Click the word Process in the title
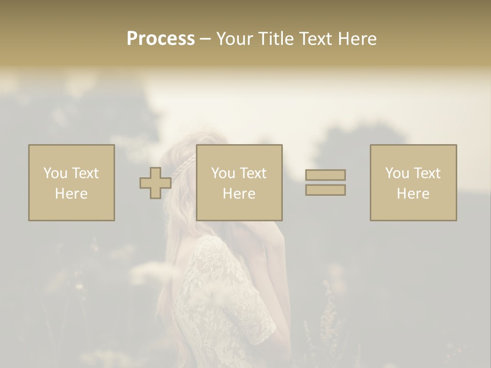(161, 38)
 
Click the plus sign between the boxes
(155, 183)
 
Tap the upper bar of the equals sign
(325, 175)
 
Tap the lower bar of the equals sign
(325, 190)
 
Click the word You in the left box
(55, 173)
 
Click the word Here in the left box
(72, 194)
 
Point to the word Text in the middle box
(253, 173)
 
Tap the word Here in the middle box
(239, 194)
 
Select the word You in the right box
(397, 173)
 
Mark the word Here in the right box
(413, 194)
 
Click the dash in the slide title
(206, 39)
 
